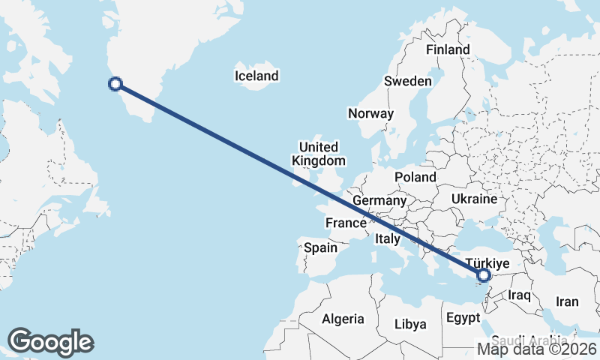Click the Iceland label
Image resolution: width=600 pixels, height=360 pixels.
256,76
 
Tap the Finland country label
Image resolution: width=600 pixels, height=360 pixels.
448,50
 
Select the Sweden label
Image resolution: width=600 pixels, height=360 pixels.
407,81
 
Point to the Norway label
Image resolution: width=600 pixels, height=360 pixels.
370,114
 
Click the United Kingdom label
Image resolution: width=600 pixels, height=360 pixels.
318,154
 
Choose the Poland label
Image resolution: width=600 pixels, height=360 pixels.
415,177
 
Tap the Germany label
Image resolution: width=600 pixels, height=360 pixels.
379,201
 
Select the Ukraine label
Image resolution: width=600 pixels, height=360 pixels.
474,199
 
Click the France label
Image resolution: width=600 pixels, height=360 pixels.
345,223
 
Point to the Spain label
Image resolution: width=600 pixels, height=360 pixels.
320,247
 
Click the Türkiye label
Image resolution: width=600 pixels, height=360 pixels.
487,263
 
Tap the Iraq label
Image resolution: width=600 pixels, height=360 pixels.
519,295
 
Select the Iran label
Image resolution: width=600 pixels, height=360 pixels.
567,301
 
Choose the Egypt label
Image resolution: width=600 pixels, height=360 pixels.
463,318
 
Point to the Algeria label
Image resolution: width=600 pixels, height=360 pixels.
343,319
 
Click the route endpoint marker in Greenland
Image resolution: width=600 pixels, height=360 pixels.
115,84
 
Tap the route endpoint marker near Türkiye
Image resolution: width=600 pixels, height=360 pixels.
484,276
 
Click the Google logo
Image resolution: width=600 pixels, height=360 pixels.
51,341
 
